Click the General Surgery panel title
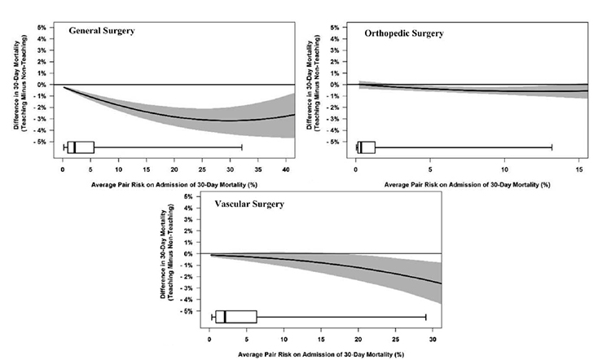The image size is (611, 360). pyautogui.click(x=102, y=31)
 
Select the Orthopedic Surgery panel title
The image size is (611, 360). pyautogui.click(x=404, y=33)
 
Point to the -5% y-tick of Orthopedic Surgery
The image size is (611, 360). pyautogui.click(x=335, y=143)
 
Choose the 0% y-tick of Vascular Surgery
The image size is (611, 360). pyautogui.click(x=188, y=254)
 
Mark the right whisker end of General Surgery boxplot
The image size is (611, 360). pyautogui.click(x=242, y=147)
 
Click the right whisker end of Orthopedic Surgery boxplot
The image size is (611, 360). pyautogui.click(x=552, y=147)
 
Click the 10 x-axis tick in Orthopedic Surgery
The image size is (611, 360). pyautogui.click(x=504, y=170)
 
